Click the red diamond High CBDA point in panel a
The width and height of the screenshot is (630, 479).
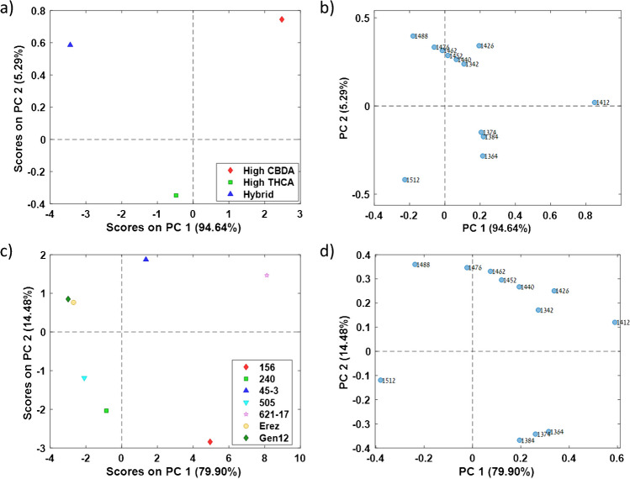[282, 19]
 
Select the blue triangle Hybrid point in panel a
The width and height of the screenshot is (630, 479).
[71, 45]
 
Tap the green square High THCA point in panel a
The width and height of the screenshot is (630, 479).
[176, 195]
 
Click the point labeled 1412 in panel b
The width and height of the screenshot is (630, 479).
[595, 103]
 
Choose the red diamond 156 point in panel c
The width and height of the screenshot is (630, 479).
[210, 442]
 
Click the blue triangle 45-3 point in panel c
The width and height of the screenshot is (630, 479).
[146, 260]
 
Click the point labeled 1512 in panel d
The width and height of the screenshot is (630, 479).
[381, 380]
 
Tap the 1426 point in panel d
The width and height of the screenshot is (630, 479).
[554, 291]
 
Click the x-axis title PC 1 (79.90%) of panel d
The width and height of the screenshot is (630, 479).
[502, 471]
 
